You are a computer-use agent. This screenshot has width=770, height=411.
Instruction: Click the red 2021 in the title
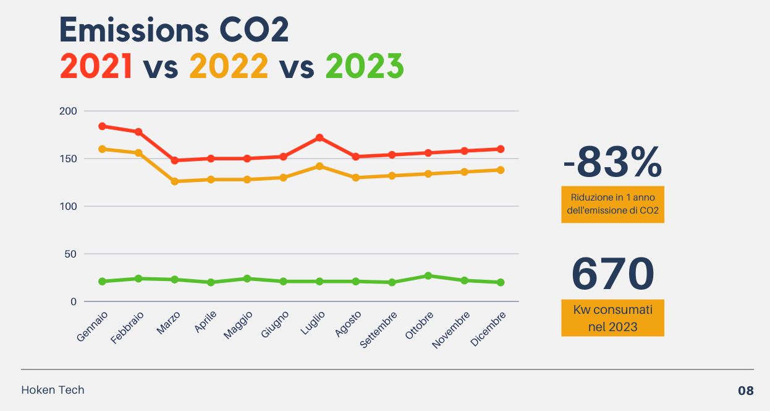pyautogui.click(x=96, y=66)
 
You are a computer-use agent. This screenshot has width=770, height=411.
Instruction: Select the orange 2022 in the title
pyautogui.click(x=229, y=66)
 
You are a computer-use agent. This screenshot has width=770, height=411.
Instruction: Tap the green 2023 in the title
pyautogui.click(x=365, y=66)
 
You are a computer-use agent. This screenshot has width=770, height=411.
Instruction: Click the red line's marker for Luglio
pyautogui.click(x=319, y=137)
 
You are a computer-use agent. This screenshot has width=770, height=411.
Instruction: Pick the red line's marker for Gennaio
pyautogui.click(x=103, y=126)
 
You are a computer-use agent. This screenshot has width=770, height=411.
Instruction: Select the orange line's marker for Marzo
pyautogui.click(x=175, y=181)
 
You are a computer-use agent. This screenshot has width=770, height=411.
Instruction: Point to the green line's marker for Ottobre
pyautogui.click(x=428, y=275)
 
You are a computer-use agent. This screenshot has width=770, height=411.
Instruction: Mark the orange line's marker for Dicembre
pyautogui.click(x=501, y=170)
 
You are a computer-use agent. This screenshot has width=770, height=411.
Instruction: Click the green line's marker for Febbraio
pyautogui.click(x=138, y=279)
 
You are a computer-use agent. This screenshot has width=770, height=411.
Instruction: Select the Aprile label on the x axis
pyautogui.click(x=206, y=322)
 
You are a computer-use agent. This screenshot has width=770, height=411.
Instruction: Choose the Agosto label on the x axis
pyautogui.click(x=349, y=324)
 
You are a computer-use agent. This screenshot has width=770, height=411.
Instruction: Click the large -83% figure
pyautogui.click(x=612, y=163)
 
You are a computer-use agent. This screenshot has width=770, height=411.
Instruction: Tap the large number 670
pyautogui.click(x=612, y=273)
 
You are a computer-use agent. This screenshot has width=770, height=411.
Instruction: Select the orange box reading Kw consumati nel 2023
pyautogui.click(x=612, y=318)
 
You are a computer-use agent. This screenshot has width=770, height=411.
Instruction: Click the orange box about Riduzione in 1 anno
pyautogui.click(x=612, y=204)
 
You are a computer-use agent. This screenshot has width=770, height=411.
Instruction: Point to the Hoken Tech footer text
pyautogui.click(x=53, y=390)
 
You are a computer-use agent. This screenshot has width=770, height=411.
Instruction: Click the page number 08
pyautogui.click(x=745, y=391)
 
